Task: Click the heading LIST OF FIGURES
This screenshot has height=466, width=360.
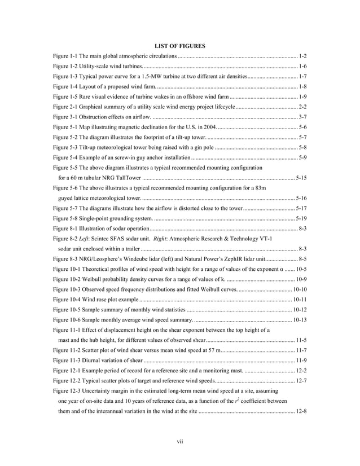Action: click(179, 45)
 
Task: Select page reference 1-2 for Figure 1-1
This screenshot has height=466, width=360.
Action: click(302, 57)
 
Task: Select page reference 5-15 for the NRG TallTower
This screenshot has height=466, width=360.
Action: click(301, 178)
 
